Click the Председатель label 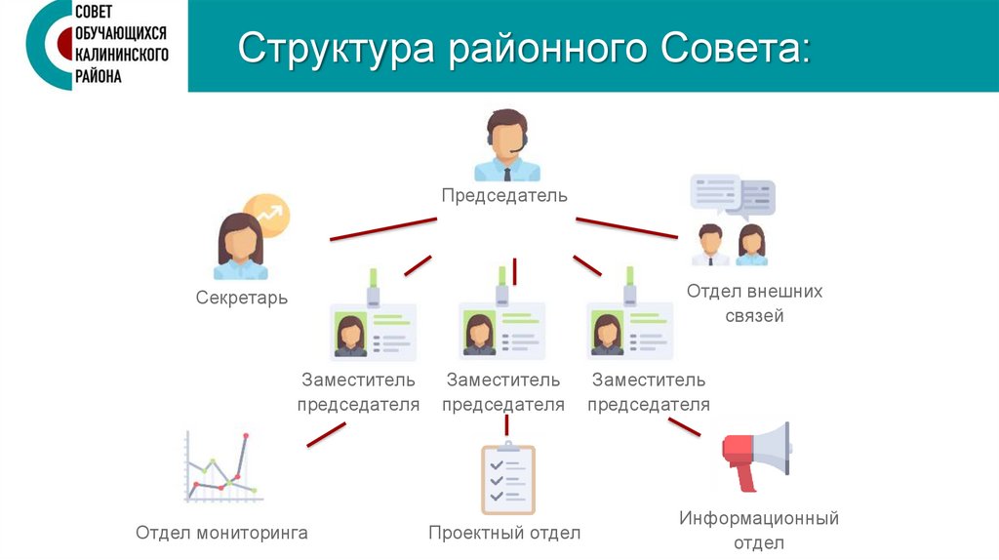pyautogui.click(x=503, y=196)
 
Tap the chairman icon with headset pyautogui.click(x=506, y=146)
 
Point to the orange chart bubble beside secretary pyautogui.click(x=267, y=215)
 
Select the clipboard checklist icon pyautogui.click(x=507, y=479)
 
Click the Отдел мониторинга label pyautogui.click(x=221, y=533)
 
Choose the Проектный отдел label pyautogui.click(x=504, y=533)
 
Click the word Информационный pyautogui.click(x=759, y=518)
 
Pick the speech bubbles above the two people pyautogui.click(x=732, y=195)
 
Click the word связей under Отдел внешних pyautogui.click(x=754, y=316)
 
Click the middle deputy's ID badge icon pyautogui.click(x=501, y=322)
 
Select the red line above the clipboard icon pyautogui.click(x=506, y=425)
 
